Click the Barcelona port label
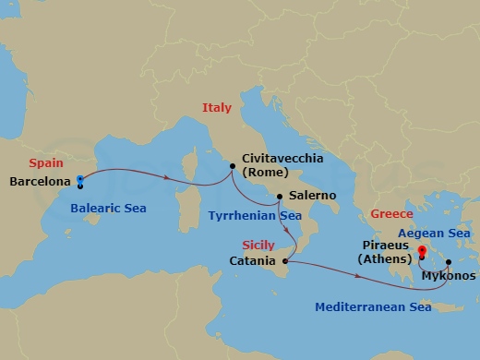tap(40, 182)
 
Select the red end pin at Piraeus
tap(422, 250)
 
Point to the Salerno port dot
tap(281, 197)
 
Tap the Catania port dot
tap(286, 261)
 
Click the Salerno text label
tap(313, 197)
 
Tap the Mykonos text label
tap(449, 275)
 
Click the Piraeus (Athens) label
tap(385, 254)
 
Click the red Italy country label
tap(217, 108)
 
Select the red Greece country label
tap(391, 214)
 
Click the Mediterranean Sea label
tap(373, 306)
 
